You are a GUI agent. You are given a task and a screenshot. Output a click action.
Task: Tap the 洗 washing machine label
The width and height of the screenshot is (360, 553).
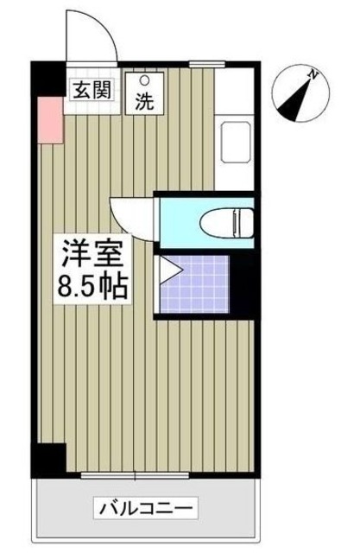144,101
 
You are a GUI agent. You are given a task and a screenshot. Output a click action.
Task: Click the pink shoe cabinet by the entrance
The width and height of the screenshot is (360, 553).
49,121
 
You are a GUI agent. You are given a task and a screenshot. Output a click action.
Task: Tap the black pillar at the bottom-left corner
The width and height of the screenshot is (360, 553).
47,459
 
